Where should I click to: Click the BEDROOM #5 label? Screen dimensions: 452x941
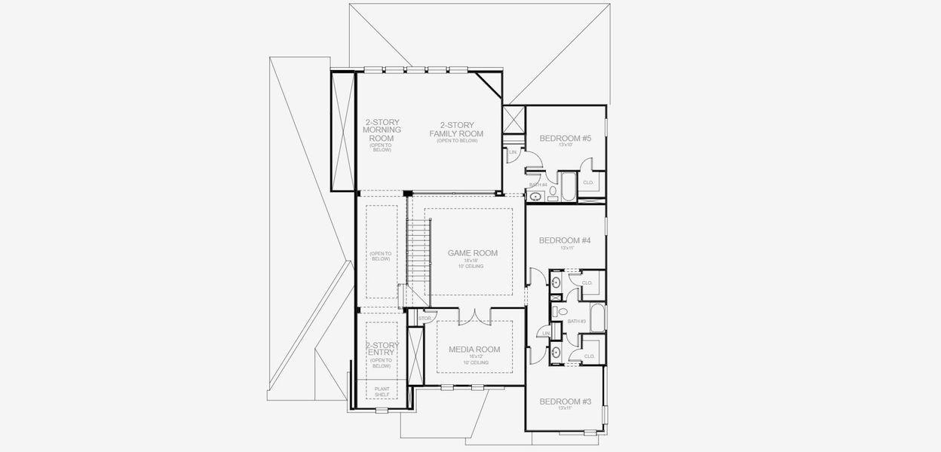565,138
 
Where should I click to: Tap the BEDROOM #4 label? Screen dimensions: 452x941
565,240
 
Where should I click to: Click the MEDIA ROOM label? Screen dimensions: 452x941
474,349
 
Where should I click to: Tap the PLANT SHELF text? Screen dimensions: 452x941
382,392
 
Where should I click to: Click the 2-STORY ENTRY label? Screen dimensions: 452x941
382,349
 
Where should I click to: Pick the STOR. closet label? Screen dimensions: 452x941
425,319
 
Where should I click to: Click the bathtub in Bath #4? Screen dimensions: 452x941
567,185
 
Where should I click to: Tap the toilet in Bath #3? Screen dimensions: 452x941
562,312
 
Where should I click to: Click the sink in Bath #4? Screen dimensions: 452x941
536,197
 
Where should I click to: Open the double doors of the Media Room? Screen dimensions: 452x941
474,315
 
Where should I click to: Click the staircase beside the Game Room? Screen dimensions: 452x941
416,249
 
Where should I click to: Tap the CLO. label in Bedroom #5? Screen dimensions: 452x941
589,182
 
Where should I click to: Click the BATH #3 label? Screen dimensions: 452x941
577,321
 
